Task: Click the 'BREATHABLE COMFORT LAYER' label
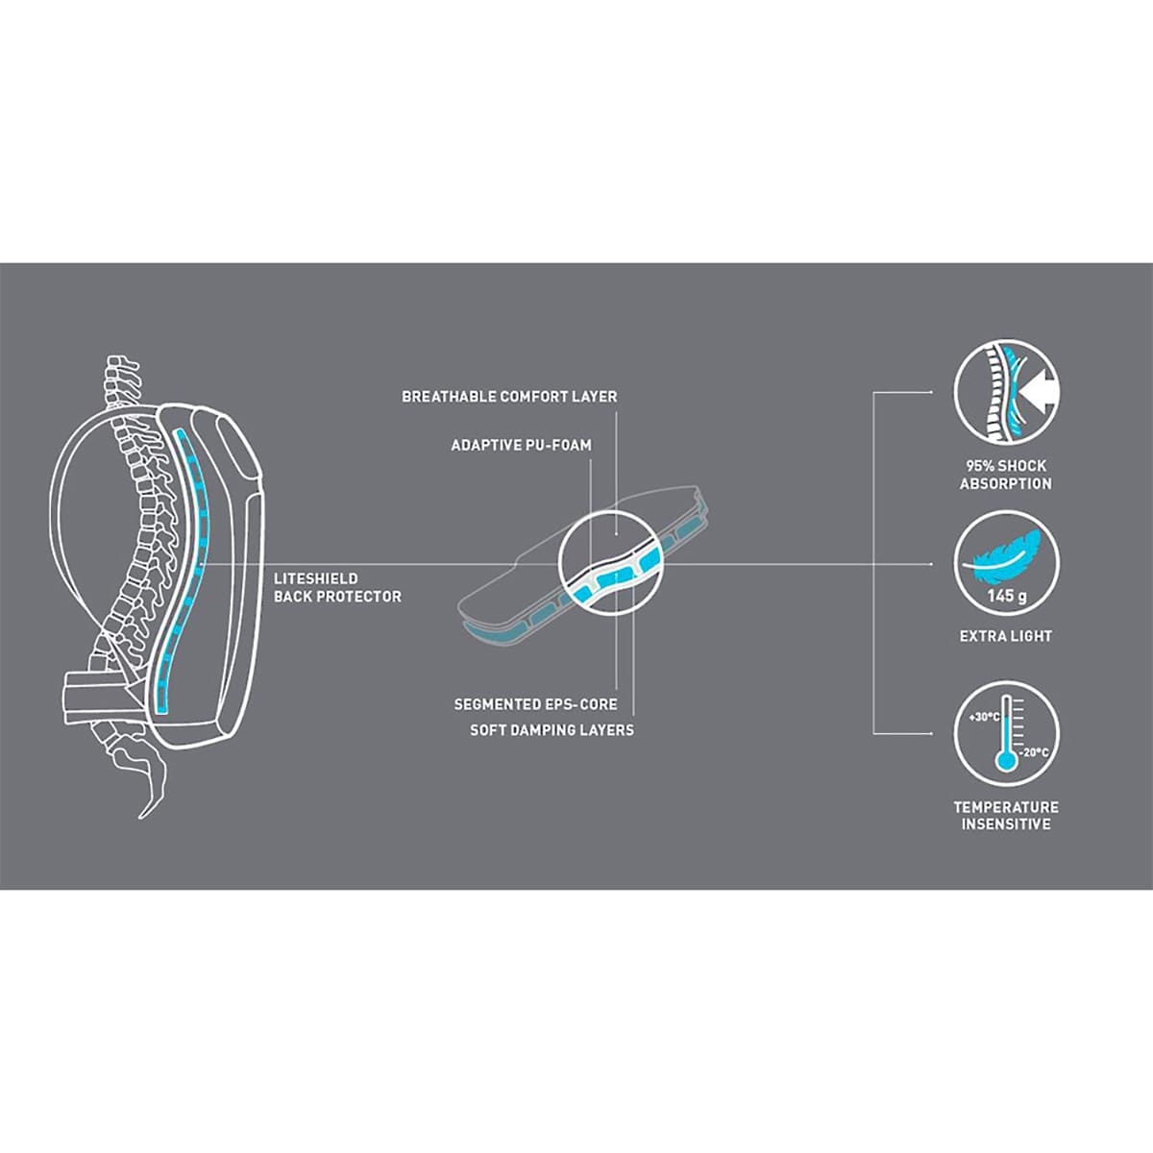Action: pyautogui.click(x=509, y=397)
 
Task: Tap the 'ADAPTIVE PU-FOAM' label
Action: pyautogui.click(x=521, y=445)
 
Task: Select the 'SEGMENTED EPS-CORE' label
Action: pyautogui.click(x=535, y=704)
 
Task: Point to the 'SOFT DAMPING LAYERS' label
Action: pyautogui.click(x=552, y=730)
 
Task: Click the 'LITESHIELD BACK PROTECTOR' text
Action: pyautogui.click(x=337, y=588)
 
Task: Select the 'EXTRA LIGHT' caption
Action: pyautogui.click(x=1006, y=636)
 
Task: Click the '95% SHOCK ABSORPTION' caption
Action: pyautogui.click(x=1006, y=475)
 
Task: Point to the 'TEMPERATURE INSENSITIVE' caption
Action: pyautogui.click(x=1006, y=815)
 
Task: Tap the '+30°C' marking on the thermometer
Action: pyautogui.click(x=984, y=717)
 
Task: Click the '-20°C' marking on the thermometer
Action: pyautogui.click(x=1033, y=752)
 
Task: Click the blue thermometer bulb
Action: pyautogui.click(x=1006, y=761)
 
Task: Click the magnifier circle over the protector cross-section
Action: pyautogui.click(x=611, y=562)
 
